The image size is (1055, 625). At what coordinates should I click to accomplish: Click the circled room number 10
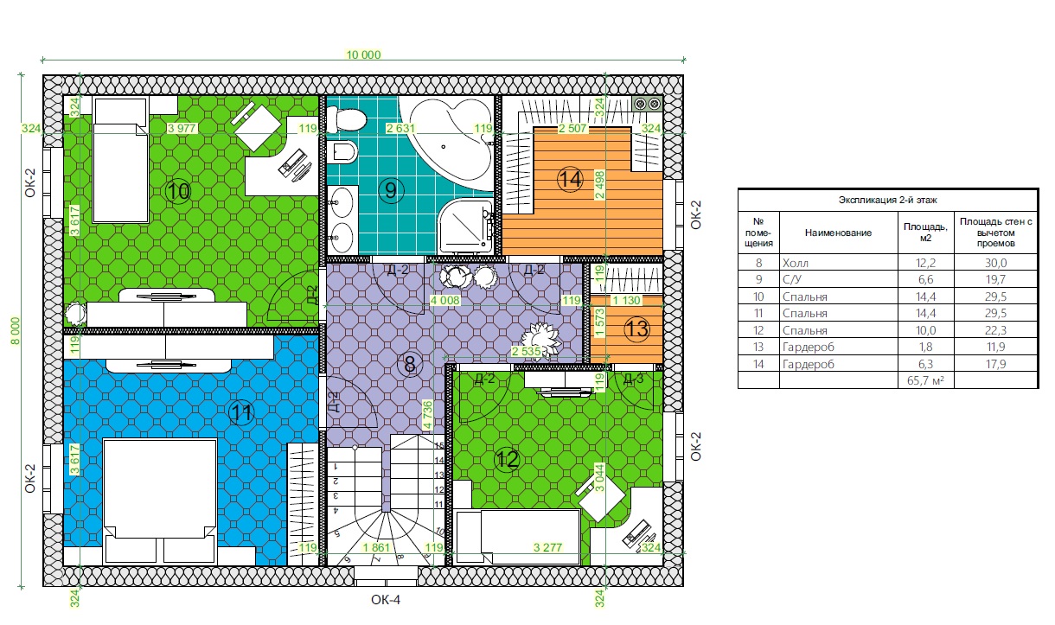click(178, 191)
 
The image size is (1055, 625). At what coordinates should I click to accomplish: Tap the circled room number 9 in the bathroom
click(391, 190)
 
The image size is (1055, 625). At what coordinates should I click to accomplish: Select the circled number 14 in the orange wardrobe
click(570, 180)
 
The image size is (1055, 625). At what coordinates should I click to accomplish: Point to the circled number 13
click(636, 328)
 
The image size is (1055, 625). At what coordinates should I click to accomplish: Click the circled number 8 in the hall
click(409, 364)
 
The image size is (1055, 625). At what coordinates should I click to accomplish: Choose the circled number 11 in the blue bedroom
click(241, 413)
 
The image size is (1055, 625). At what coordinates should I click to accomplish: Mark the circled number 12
click(508, 459)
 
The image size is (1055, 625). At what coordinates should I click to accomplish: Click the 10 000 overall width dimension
click(363, 54)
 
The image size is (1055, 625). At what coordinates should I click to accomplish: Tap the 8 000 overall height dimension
click(16, 330)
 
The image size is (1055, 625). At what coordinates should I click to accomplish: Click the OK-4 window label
click(386, 600)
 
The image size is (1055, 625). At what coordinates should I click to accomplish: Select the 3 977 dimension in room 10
click(182, 128)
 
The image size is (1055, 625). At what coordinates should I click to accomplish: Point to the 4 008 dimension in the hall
click(445, 300)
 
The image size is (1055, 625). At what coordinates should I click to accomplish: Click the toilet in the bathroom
click(346, 119)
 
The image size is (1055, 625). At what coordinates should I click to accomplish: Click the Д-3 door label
click(633, 379)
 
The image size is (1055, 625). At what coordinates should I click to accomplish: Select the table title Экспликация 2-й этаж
click(888, 201)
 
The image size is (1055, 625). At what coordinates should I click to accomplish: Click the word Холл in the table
click(796, 263)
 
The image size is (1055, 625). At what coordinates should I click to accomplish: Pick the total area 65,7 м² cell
click(925, 380)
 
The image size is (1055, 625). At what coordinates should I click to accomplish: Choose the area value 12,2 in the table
click(925, 263)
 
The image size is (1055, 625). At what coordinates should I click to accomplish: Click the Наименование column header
click(838, 233)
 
